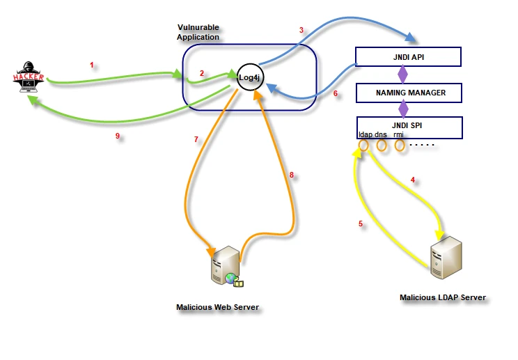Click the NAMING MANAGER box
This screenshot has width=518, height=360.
(x=402, y=92)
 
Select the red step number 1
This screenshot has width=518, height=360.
(x=91, y=65)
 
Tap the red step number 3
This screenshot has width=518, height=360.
(x=301, y=30)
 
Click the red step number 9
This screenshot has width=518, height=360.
(x=118, y=136)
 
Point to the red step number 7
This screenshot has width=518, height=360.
(x=196, y=139)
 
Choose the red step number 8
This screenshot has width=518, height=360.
(x=292, y=175)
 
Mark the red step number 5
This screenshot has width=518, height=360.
(x=361, y=224)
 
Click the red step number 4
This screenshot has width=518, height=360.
(x=413, y=180)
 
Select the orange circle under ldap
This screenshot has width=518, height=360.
(x=363, y=146)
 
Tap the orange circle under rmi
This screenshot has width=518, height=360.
(x=400, y=146)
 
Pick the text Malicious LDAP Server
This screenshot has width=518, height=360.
(x=442, y=297)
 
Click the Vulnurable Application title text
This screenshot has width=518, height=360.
(x=198, y=32)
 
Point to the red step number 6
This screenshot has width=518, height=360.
(x=335, y=93)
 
